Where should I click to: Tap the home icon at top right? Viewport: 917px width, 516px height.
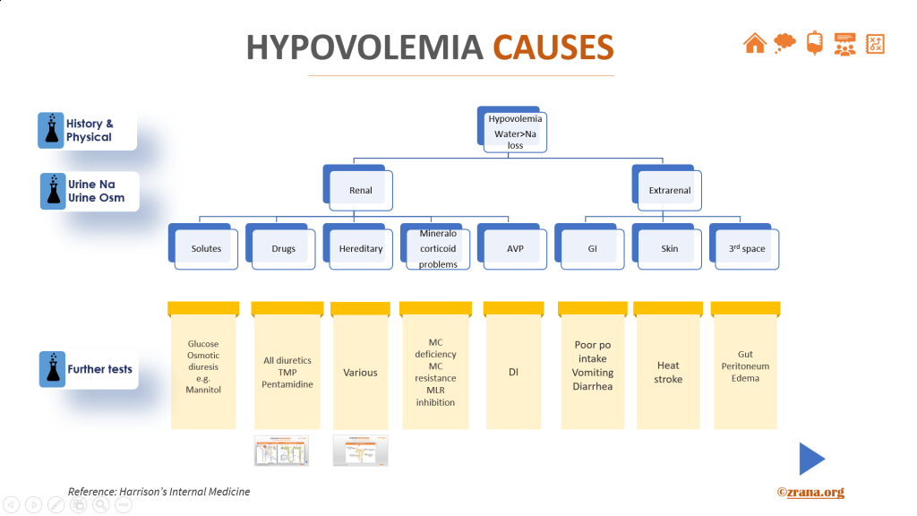point(755,43)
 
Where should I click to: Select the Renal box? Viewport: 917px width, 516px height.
point(360,190)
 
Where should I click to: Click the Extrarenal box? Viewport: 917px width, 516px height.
point(669,190)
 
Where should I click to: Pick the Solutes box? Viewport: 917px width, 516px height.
point(206,248)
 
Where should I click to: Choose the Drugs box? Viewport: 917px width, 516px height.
point(283,248)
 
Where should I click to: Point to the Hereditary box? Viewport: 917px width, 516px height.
point(361,248)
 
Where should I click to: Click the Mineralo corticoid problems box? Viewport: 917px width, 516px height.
point(438,248)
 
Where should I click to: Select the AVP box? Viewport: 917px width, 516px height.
point(515,248)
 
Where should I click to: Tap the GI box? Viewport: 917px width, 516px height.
point(592,248)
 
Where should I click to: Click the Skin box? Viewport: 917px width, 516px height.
point(670,248)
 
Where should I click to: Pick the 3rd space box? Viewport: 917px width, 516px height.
point(747,248)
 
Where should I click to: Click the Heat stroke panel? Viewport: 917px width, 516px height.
point(668,372)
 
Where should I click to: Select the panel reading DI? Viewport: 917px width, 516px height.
point(514,372)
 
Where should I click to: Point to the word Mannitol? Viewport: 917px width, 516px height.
point(202,391)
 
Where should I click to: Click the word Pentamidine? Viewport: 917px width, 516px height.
point(287,384)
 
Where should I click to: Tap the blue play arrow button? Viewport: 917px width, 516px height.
point(811,459)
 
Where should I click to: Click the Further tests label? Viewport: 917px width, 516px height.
point(99,369)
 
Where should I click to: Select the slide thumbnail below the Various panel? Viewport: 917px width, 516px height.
point(361,451)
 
